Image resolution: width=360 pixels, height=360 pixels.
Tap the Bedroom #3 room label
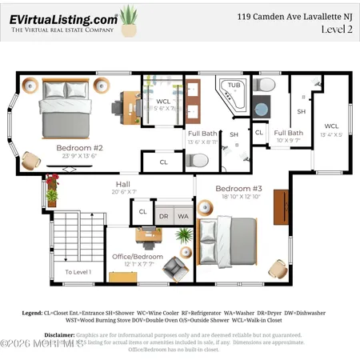click(234, 189)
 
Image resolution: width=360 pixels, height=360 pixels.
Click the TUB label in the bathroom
click(233, 85)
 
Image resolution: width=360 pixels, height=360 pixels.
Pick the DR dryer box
click(163, 216)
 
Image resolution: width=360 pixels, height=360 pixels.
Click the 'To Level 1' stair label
click(78, 272)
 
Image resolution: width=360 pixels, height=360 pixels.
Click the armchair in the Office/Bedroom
click(174, 268)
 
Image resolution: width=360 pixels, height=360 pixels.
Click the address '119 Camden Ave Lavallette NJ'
click(294, 15)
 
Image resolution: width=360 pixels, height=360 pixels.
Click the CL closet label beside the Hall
click(142, 212)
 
